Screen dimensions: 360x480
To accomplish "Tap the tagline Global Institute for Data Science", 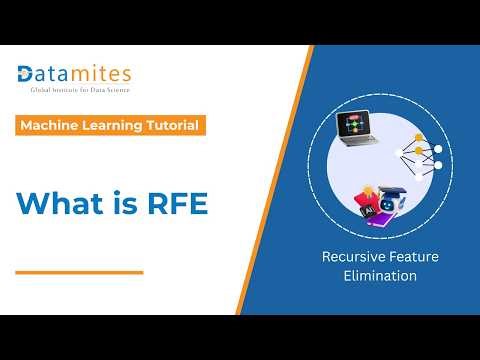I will point(73,90).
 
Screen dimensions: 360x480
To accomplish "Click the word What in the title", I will point(60,202).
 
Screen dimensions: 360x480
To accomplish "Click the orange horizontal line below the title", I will point(80,271).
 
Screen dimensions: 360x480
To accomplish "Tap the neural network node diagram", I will point(421,154).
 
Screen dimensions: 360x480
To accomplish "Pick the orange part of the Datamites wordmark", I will point(100,73).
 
